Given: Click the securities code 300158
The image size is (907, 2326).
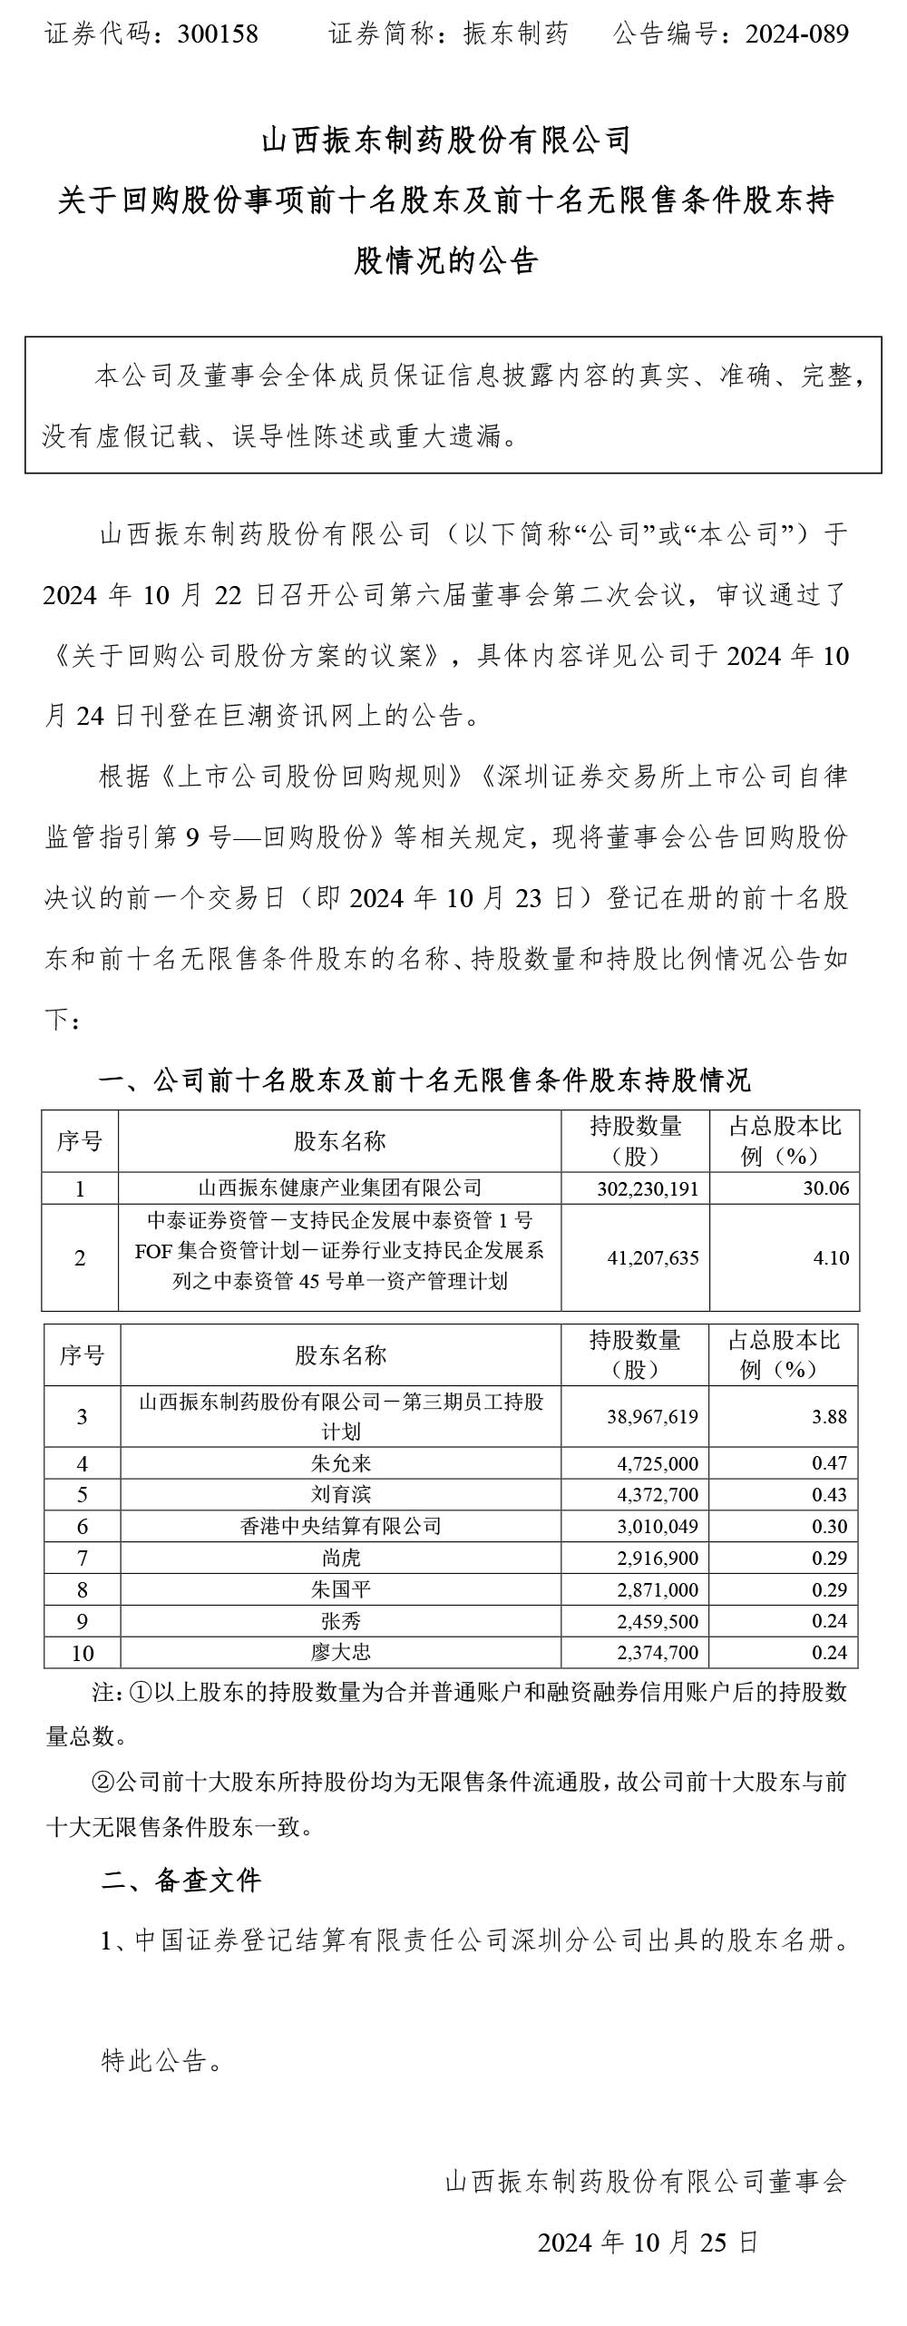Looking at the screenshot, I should [x=218, y=34].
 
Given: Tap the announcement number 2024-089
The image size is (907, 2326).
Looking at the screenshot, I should [x=796, y=34].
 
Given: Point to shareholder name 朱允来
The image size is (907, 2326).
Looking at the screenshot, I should [x=340, y=1463].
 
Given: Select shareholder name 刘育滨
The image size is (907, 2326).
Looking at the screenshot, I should [x=340, y=1494].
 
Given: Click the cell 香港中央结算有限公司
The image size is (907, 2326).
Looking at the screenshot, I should [x=340, y=1526].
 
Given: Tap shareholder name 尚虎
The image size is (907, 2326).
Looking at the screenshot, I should [x=340, y=1558].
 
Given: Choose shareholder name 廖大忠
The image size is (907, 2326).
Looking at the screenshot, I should [x=340, y=1652].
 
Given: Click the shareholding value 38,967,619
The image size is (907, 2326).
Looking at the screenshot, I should [x=652, y=1417].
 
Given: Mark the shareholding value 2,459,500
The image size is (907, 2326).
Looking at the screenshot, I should [x=658, y=1620].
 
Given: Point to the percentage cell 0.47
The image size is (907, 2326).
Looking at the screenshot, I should [x=829, y=1463].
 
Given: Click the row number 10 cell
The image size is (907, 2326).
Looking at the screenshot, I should [x=82, y=1653].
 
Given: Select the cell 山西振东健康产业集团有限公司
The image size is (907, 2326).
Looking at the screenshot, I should [x=340, y=1188].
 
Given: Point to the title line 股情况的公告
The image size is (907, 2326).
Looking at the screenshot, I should [x=446, y=261].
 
